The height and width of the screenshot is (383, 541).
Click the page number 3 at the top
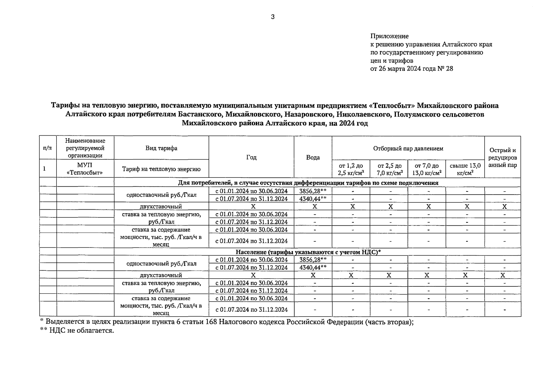click(272, 17)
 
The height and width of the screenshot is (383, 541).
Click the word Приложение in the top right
click(389, 36)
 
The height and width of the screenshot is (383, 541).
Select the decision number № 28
click(446, 69)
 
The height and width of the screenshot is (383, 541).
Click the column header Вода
click(313, 157)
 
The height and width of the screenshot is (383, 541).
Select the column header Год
click(251, 157)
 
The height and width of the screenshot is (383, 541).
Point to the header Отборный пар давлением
click(408, 148)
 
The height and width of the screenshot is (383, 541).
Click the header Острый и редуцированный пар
click(502, 157)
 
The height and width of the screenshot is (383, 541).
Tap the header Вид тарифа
click(161, 148)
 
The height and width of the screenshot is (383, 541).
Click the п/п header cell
click(48, 148)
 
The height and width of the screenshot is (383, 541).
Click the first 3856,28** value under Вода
click(313, 191)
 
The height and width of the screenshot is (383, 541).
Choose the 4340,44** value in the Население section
click(313, 267)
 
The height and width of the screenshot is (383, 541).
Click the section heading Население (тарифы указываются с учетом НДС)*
click(308, 252)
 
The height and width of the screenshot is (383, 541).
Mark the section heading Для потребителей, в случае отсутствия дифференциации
click(308, 183)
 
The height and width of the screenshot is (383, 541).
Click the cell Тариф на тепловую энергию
click(161, 169)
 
